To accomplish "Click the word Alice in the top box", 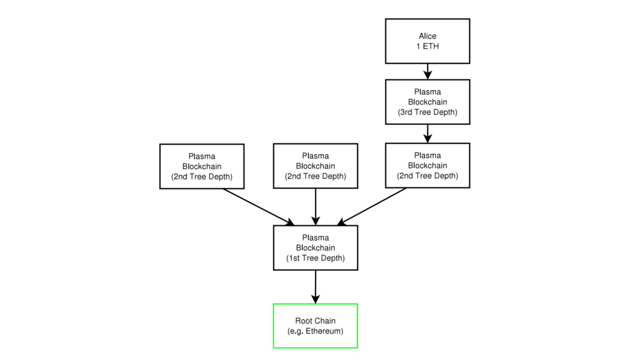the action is coord(428,36).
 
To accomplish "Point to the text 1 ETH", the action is coord(428,46).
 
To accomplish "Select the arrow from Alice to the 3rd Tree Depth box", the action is coord(428,71).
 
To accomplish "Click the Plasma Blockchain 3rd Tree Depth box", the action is coord(428,102).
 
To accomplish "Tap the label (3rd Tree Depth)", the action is coord(428,112).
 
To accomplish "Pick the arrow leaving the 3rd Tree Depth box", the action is coord(428,134).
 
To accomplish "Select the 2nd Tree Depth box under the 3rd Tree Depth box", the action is coord(428,166).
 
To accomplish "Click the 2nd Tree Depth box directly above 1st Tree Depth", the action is coord(316,166).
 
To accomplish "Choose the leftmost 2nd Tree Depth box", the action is coord(202,166).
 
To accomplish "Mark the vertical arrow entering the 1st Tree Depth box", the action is coord(316,207).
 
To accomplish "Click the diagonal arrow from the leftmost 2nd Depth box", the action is coord(259,207).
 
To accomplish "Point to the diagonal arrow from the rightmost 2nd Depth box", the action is coord(372,207).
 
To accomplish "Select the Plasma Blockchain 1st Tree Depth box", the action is coord(316,248).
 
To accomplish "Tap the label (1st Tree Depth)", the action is coord(316,258).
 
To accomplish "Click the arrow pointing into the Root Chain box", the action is coord(316,287).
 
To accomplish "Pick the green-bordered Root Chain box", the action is coord(316,326).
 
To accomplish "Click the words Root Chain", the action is coord(316,321).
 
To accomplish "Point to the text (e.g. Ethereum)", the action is coord(316,331).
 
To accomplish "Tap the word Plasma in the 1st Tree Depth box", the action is coord(316,238).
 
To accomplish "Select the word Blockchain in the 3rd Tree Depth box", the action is coord(428,102).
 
